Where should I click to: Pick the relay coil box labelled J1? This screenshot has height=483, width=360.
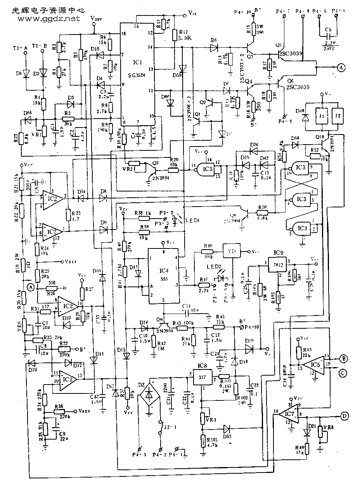coord(321,115)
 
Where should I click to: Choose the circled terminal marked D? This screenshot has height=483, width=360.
coord(344,416)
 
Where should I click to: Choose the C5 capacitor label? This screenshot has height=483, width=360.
coord(329,30)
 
